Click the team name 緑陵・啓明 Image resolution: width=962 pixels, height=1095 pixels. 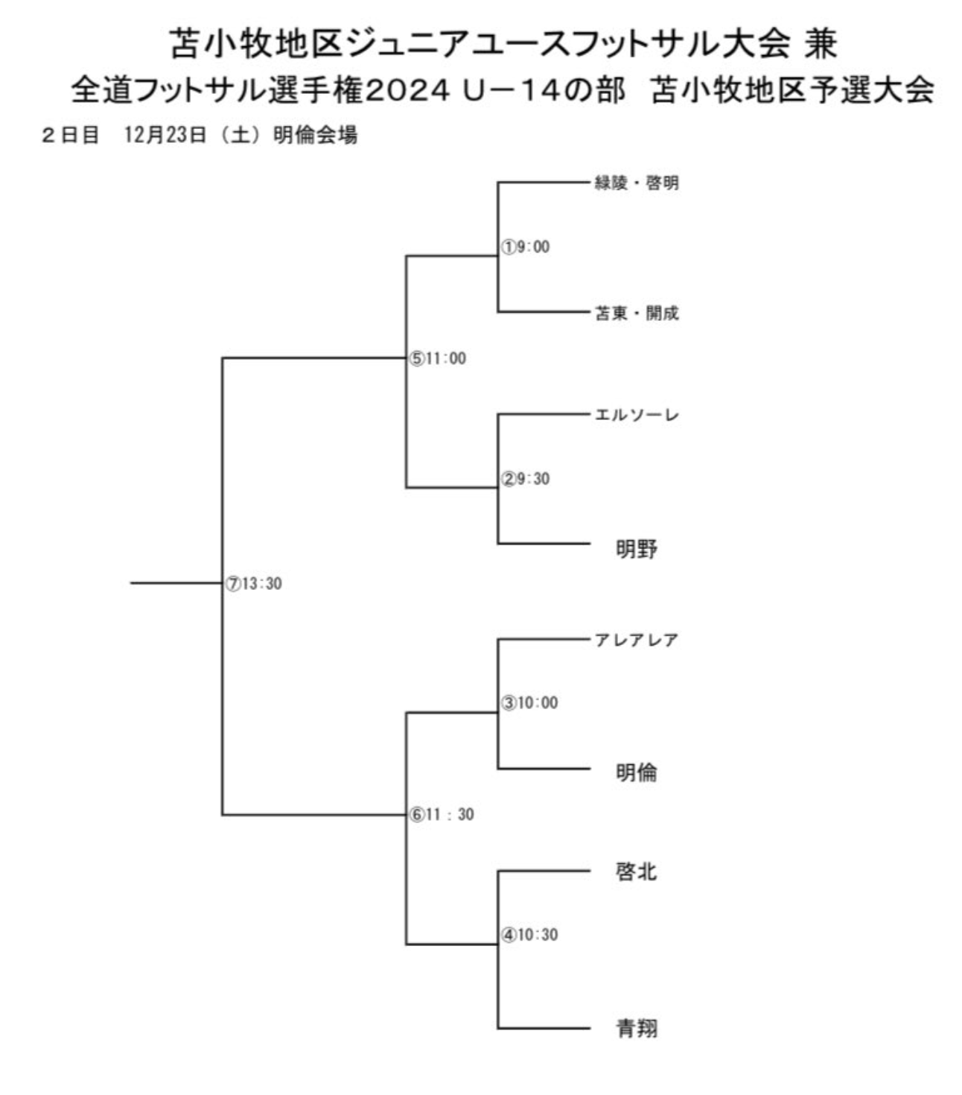pos(637,183)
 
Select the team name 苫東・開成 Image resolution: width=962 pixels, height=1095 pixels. pos(637,313)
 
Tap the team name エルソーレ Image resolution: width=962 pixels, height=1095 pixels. pos(637,415)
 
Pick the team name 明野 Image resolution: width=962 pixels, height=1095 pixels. pos(637,549)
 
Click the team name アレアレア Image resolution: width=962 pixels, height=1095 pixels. pos(637,640)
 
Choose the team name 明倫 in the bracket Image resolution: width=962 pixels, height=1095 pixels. pos(637,772)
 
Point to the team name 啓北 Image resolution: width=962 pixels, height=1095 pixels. pos(637,872)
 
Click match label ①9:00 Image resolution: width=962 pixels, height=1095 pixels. pos(525,247)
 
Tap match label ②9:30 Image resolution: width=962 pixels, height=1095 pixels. pos(525,478)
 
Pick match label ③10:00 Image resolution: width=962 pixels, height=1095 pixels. pos(529,702)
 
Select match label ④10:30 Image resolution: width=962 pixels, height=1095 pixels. pos(529,935)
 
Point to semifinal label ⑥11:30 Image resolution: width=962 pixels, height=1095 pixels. pos(442,814)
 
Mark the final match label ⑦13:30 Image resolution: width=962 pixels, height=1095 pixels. pos(253,584)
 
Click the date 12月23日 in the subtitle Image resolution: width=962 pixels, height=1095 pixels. pos(165,135)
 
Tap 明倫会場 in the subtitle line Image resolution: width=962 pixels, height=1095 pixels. pos(315,135)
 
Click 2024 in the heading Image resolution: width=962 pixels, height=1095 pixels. pos(408,90)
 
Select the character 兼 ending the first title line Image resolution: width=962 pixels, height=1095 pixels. pos(821,43)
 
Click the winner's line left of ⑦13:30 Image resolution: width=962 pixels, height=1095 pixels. pos(176,583)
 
